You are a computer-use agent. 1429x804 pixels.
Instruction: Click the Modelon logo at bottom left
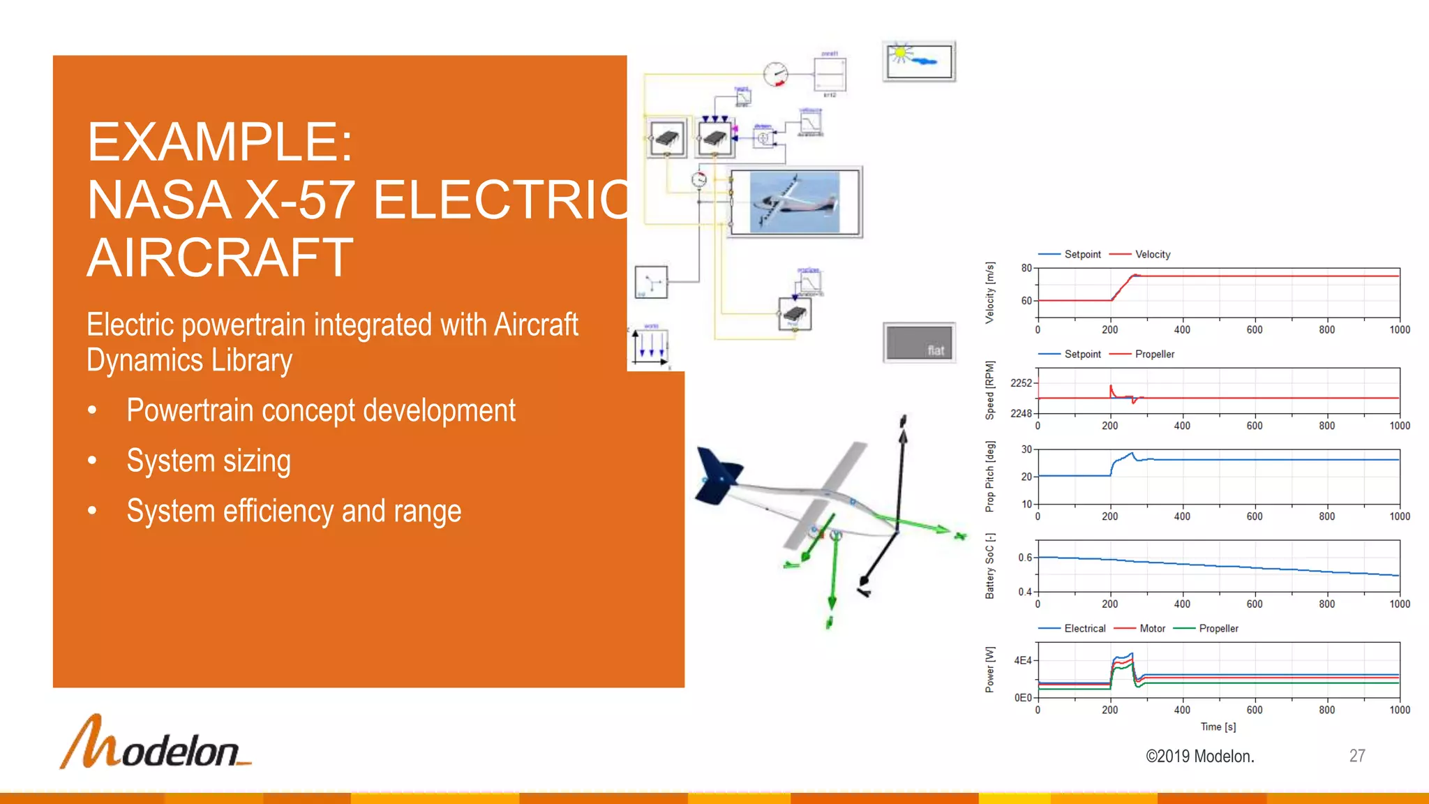pyautogui.click(x=155, y=743)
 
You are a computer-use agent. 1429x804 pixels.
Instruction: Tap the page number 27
pyautogui.click(x=1356, y=756)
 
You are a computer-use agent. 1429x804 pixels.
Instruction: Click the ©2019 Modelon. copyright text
pyautogui.click(x=1199, y=757)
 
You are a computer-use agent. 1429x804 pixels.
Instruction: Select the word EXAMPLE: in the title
pyautogui.click(x=220, y=142)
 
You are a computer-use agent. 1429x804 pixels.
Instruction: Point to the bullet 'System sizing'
pyautogui.click(x=208, y=461)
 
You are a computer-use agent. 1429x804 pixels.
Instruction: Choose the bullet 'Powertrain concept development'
pyautogui.click(x=321, y=410)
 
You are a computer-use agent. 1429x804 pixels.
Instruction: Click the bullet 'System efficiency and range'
pyautogui.click(x=294, y=512)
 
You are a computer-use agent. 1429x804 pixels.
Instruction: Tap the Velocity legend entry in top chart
pyautogui.click(x=1152, y=255)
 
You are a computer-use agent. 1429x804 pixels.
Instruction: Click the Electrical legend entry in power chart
pyautogui.click(x=1084, y=629)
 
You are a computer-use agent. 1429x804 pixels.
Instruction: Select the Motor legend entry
pyautogui.click(x=1152, y=629)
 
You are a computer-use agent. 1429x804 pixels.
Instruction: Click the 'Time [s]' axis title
pyautogui.click(x=1218, y=727)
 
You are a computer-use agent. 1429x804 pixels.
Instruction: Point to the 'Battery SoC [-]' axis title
pyautogui.click(x=990, y=566)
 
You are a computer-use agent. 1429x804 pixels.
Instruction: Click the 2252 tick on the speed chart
pyautogui.click(x=1021, y=383)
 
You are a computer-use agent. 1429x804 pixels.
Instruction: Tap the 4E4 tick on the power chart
pyautogui.click(x=1022, y=660)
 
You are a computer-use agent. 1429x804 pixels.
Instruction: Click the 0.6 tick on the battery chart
pyautogui.click(x=1024, y=558)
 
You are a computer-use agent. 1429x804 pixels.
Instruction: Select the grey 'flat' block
pyautogui.click(x=919, y=343)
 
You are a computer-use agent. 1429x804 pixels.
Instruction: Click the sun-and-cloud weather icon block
pyautogui.click(x=919, y=61)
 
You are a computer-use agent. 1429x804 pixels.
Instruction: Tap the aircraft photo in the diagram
pyautogui.click(x=795, y=202)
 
